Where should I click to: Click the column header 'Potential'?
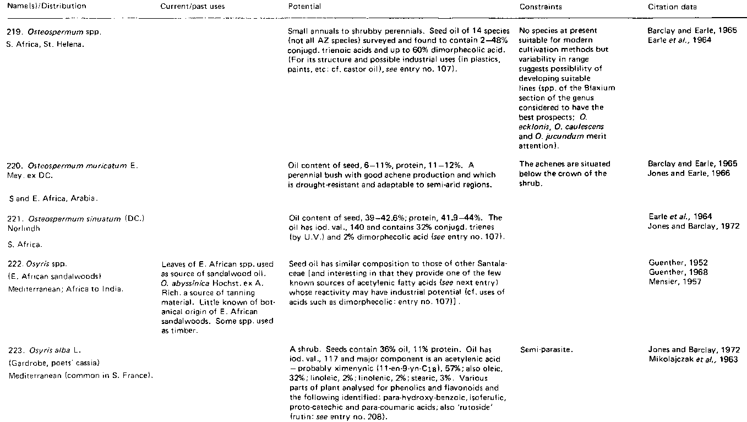pos(304,7)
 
